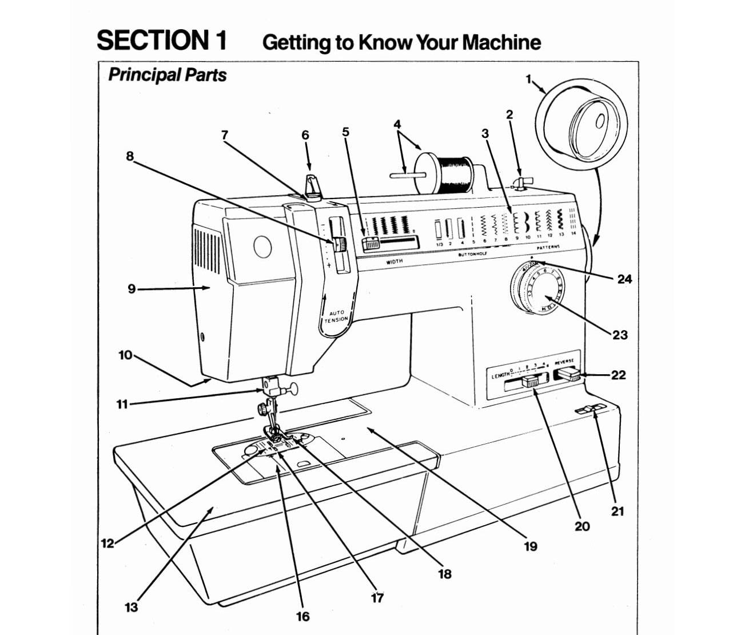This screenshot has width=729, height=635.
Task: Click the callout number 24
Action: click(624, 279)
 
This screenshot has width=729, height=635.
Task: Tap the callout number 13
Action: click(131, 607)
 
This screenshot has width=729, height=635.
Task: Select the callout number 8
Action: click(130, 156)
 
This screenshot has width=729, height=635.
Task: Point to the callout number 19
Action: click(530, 546)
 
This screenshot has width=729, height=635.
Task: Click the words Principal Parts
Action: click(167, 75)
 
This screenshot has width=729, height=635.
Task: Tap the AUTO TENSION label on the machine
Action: click(336, 316)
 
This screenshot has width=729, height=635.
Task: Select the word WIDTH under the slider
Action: click(395, 261)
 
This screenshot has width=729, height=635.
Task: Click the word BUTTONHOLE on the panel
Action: click(472, 253)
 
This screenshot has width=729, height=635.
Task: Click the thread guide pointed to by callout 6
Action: click(312, 186)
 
